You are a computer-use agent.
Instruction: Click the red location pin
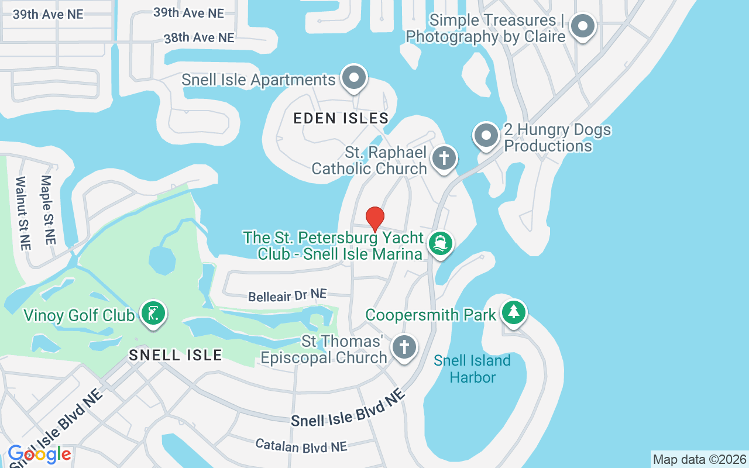[x=375, y=219]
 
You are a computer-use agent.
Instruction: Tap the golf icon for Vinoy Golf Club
[x=153, y=314]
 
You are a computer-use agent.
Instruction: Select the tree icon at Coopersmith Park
[x=514, y=312]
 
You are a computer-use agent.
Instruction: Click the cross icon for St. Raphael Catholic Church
[x=444, y=159]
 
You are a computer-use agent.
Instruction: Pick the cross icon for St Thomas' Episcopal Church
[x=404, y=347]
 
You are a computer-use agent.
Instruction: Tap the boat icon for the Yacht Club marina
[x=441, y=243]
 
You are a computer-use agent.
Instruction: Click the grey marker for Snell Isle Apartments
[x=353, y=78]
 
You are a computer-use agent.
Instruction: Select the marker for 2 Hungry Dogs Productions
[x=486, y=136]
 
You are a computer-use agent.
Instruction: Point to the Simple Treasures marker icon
[x=582, y=26]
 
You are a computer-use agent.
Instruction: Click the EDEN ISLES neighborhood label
[x=341, y=118]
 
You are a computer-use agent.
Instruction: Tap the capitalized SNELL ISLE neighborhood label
[x=176, y=355]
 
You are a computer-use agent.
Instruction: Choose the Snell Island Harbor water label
[x=472, y=369]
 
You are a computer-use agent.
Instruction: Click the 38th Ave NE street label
[x=199, y=37]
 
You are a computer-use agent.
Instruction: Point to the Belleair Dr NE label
[x=287, y=295]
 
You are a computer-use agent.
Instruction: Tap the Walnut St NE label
[x=22, y=213]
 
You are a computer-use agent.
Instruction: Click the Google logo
[x=39, y=454]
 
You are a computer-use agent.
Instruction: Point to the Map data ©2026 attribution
[x=699, y=459]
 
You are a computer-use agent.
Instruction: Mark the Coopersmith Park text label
[x=431, y=315]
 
